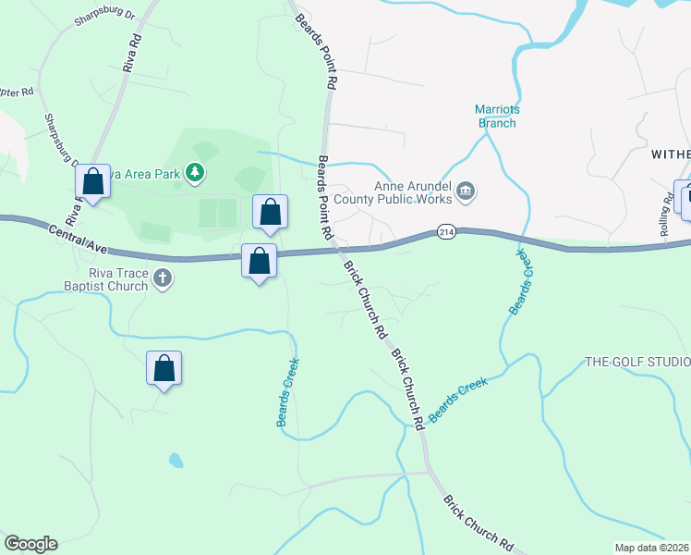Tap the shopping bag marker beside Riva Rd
(x=92, y=180)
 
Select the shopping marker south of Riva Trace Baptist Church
(x=164, y=368)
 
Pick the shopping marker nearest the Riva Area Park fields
(x=270, y=212)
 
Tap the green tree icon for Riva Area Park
(x=194, y=172)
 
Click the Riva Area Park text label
(x=144, y=172)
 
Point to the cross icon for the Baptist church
(x=163, y=277)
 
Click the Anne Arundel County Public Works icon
(x=466, y=192)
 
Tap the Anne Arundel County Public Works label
(x=413, y=191)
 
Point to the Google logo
(x=30, y=544)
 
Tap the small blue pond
(x=176, y=460)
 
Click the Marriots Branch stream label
(x=498, y=115)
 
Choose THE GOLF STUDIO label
(x=637, y=362)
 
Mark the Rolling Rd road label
(x=666, y=216)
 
